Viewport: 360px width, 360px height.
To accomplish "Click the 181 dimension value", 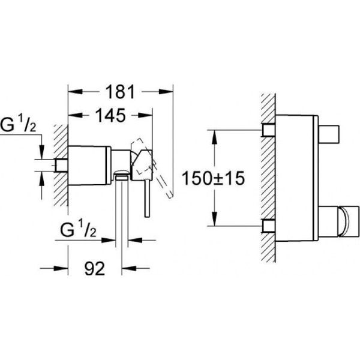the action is pos(120,92).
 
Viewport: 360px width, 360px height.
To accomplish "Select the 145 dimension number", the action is pos(110,115).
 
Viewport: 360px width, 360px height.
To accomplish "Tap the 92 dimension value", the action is pos(95,268).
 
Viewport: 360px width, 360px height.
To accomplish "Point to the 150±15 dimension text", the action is pos(213,178).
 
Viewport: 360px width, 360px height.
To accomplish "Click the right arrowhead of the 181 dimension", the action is pos(166,92).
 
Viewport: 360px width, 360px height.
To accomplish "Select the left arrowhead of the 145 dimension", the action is pos(76,115).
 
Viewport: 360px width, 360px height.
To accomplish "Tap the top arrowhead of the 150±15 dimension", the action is pos(214,137).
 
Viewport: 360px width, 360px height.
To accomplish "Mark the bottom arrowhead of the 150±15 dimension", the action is pos(214,219).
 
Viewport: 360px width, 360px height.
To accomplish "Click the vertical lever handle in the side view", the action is pos(147,198).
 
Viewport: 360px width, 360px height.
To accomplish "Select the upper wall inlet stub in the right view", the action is pos(269,130).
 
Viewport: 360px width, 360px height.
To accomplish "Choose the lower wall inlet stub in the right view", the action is pos(269,226).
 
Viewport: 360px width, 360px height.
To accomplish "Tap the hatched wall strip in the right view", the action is pos(268,178).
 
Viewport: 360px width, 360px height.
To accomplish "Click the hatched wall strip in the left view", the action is pos(61,166).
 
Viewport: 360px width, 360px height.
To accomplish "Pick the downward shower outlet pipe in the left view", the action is pos(121,211).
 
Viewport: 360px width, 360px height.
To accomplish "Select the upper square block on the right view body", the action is pos(329,134).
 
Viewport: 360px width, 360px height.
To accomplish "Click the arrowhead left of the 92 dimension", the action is pos(61,268).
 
